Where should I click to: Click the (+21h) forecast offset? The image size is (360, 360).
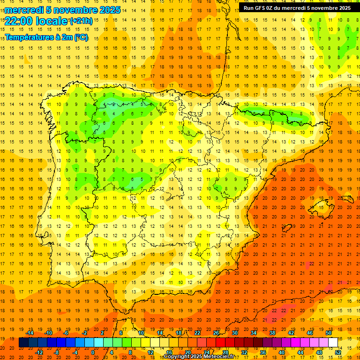pos(81,21)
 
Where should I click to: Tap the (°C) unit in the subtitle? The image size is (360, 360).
pos(80,37)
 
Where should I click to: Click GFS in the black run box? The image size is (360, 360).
pos(263,8)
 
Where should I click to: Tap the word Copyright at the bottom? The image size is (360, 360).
pos(178,357)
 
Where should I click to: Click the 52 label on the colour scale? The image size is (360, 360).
pos(338,352)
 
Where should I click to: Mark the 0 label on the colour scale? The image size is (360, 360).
pos(93,352)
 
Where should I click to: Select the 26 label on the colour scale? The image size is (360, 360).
pos(216,333)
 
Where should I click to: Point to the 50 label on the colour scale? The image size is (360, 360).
pos(329,333)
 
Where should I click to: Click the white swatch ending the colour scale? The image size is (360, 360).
pos(333,343)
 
